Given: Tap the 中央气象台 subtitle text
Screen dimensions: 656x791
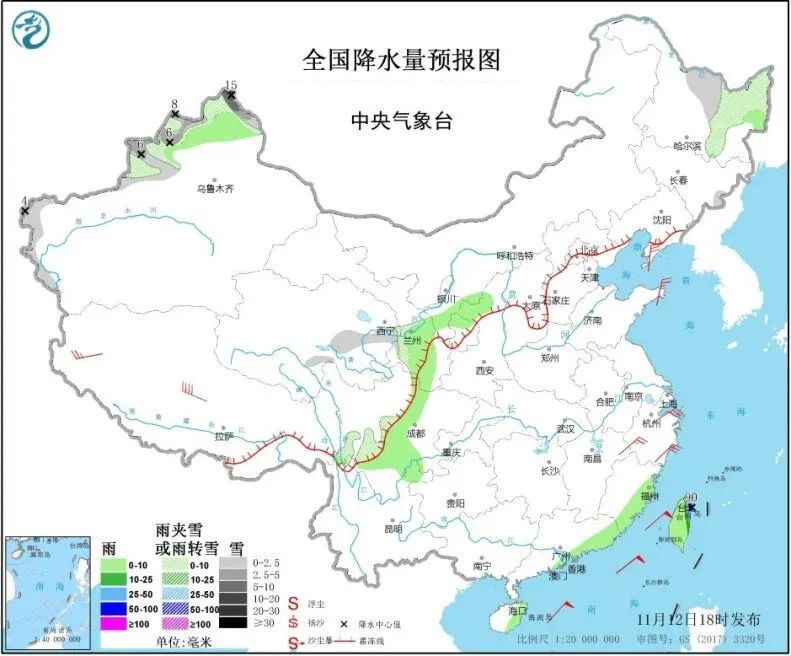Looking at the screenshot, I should coord(401,121).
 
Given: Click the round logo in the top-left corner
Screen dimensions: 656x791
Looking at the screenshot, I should coord(31,29).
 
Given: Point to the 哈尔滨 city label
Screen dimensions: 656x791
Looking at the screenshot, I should coord(688,146).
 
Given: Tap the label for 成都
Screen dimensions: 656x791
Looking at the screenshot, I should coord(415,434).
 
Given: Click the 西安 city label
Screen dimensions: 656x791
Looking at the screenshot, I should coord(485,370).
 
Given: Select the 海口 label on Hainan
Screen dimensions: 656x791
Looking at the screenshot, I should coord(516,610).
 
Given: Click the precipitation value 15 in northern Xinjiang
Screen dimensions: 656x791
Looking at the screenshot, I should coord(231,85).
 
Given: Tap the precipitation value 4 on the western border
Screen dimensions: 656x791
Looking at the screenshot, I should coord(24,200).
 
